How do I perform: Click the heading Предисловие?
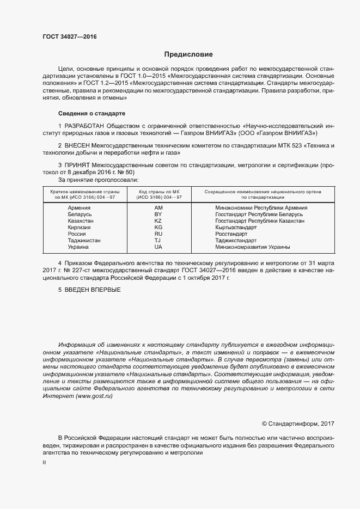[188, 54]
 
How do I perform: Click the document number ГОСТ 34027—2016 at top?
[69, 36]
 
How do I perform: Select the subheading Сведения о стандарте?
[91, 113]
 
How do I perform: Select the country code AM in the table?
[158, 207]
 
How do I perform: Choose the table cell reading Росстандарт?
[231, 234]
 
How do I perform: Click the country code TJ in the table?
[158, 240]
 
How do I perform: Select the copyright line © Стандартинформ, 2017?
[298, 424]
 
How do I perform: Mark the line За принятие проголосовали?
[98, 180]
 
